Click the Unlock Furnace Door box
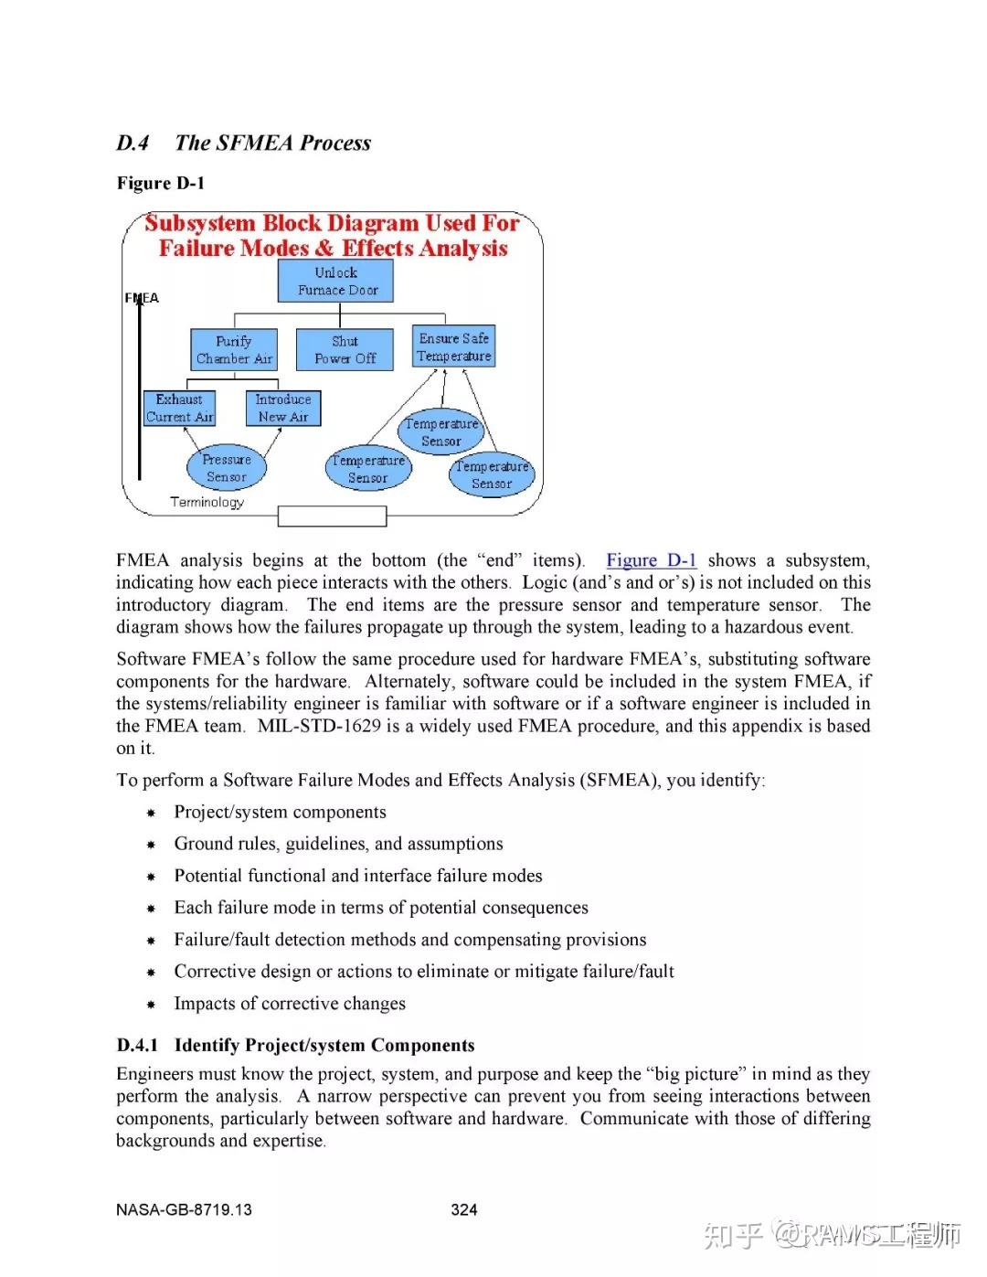(x=335, y=281)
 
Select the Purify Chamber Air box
(x=233, y=349)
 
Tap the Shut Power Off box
(x=345, y=349)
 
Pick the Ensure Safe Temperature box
(x=453, y=346)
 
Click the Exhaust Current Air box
(x=179, y=408)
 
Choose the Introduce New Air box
(x=282, y=408)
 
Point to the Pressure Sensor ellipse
(x=226, y=468)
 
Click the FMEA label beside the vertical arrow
(x=142, y=298)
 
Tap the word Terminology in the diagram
(x=207, y=502)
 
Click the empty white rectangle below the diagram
(x=332, y=516)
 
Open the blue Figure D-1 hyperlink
(x=651, y=560)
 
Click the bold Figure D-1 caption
(x=160, y=183)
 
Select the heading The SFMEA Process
(x=272, y=143)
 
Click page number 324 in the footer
(x=463, y=1209)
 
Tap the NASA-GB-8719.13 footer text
(x=184, y=1209)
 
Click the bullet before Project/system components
(x=152, y=813)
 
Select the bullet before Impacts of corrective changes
(x=152, y=1005)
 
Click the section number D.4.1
(x=137, y=1045)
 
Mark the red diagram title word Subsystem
(x=200, y=224)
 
